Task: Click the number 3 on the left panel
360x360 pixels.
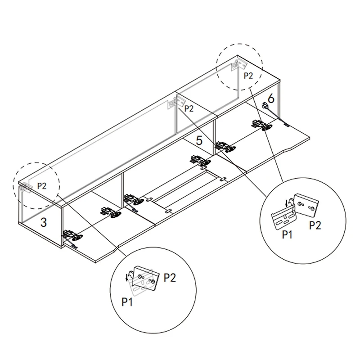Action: (x=43, y=222)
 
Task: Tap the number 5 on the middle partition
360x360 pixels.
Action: (x=199, y=140)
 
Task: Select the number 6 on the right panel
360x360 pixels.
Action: (x=270, y=98)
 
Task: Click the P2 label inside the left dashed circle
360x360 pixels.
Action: (x=42, y=184)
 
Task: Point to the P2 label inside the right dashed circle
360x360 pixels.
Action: (x=249, y=76)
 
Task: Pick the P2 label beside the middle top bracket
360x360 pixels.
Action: (x=189, y=108)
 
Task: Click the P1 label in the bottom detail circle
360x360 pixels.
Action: (x=128, y=301)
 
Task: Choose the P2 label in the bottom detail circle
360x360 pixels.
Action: (x=170, y=278)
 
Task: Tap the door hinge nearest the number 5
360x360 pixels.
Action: (x=224, y=147)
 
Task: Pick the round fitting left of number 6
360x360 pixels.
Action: (x=265, y=106)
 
